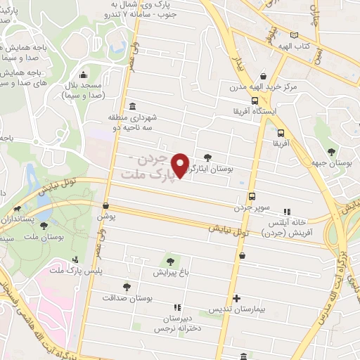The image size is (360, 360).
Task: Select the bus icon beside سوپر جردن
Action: (x=252, y=197)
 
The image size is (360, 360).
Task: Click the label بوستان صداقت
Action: (x=127, y=297)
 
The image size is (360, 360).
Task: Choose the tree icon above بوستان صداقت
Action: (x=127, y=286)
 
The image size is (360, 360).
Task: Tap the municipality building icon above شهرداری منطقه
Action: (x=133, y=105)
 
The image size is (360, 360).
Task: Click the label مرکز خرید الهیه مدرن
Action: (x=263, y=89)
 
